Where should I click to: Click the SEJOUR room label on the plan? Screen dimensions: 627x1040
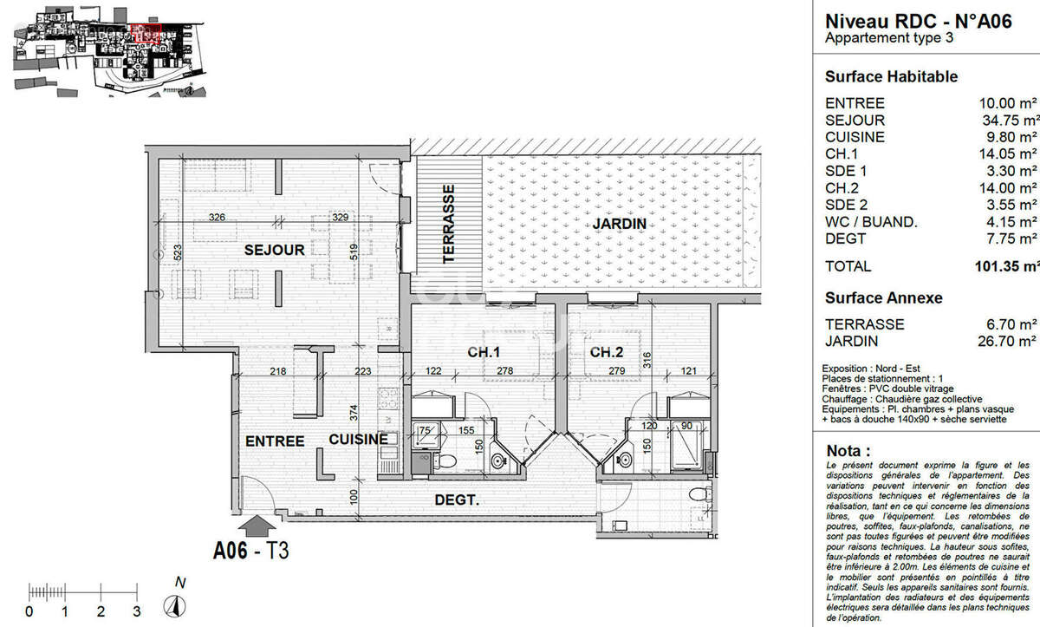[x=274, y=251]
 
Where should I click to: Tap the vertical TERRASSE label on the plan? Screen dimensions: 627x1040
[x=448, y=223]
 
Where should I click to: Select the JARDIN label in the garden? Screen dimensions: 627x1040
[x=619, y=224]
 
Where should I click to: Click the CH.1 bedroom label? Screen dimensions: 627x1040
[x=484, y=353]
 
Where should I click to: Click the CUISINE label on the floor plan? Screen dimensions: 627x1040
[x=358, y=441]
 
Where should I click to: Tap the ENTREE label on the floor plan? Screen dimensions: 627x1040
[x=275, y=441]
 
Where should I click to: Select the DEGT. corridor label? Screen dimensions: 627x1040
[x=458, y=500]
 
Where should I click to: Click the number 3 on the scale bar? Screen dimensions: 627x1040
[x=137, y=611]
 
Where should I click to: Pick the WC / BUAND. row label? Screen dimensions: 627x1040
[x=871, y=222]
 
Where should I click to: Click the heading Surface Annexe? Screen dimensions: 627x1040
[x=883, y=297]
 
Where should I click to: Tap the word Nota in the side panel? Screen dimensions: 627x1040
[x=848, y=451]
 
